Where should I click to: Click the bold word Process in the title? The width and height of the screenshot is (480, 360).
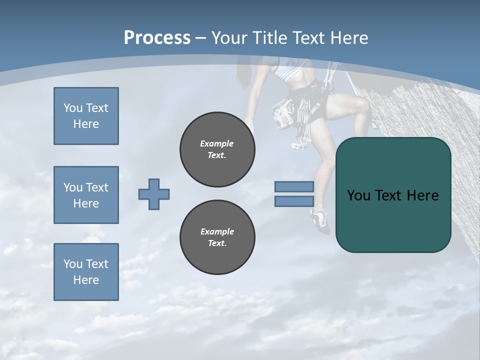pyautogui.click(x=157, y=37)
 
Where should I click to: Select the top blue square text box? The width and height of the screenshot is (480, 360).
pyautogui.click(x=86, y=116)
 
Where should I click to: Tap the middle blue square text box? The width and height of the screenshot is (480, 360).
pyautogui.click(x=86, y=195)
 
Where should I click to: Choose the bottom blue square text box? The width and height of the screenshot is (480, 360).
pyautogui.click(x=86, y=272)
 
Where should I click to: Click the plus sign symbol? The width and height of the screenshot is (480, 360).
pyautogui.click(x=154, y=194)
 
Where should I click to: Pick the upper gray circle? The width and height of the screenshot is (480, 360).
pyautogui.click(x=217, y=149)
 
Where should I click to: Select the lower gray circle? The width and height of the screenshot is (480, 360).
pyautogui.click(x=217, y=237)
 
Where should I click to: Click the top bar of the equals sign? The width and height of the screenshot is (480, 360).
pyautogui.click(x=294, y=187)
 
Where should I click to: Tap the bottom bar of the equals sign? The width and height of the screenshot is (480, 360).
pyautogui.click(x=294, y=201)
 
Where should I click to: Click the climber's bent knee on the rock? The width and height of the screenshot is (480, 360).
pyautogui.click(x=362, y=105)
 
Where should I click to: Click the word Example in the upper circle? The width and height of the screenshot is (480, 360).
pyautogui.click(x=217, y=143)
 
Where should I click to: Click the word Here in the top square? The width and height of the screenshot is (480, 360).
pyautogui.click(x=86, y=124)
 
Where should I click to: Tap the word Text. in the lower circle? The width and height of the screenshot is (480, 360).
pyautogui.click(x=217, y=243)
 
